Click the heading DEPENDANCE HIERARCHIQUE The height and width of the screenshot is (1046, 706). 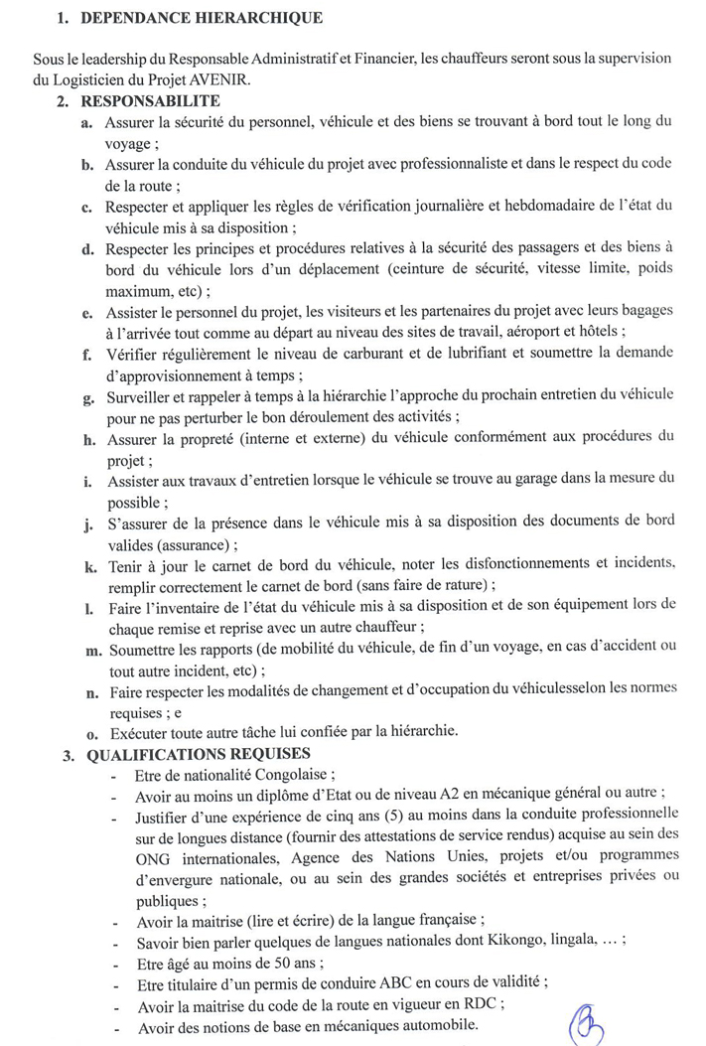pyautogui.click(x=202, y=18)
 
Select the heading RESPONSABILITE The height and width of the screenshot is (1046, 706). pyautogui.click(x=151, y=100)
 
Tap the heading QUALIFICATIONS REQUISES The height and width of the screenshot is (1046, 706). pyautogui.click(x=199, y=754)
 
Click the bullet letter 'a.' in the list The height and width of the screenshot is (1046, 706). pyautogui.click(x=88, y=122)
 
